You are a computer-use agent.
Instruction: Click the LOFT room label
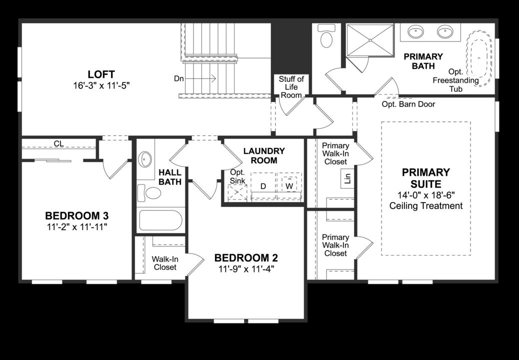[x=101, y=74]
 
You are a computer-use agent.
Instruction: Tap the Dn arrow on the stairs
[x=205, y=78]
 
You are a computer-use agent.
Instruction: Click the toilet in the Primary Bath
[x=327, y=36]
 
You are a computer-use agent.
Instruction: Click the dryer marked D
[x=263, y=186]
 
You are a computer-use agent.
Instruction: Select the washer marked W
[x=289, y=186]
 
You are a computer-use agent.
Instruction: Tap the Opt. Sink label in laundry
[x=237, y=176]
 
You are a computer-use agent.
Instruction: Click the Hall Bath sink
[x=145, y=160]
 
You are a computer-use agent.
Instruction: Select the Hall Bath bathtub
[x=159, y=220]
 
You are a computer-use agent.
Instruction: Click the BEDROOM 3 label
[x=77, y=216]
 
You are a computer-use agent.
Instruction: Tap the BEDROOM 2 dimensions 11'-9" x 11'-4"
[x=245, y=268]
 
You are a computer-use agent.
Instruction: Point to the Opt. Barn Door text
[x=408, y=104]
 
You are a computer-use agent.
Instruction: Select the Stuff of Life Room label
[x=290, y=86]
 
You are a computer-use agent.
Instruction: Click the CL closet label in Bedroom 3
[x=58, y=144]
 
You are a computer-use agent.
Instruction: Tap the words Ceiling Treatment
[x=426, y=205]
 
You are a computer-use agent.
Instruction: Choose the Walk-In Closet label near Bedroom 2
[x=164, y=263]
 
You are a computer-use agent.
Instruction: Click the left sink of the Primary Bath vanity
[x=415, y=32]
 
